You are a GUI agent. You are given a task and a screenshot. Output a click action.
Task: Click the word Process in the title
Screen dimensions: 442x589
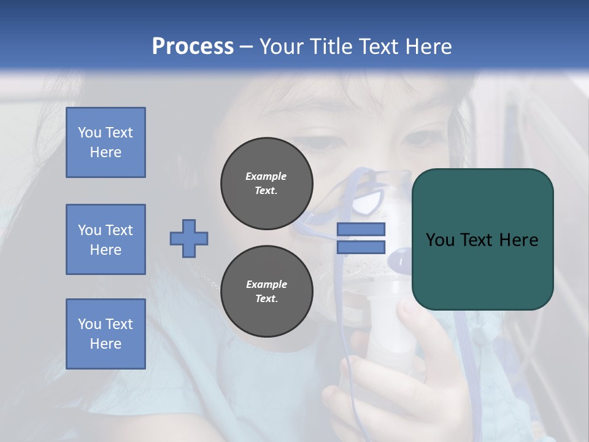click(193, 47)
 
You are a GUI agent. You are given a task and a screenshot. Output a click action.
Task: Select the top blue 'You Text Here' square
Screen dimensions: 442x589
click(106, 142)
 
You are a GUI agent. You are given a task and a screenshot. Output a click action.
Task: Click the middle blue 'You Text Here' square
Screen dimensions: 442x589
click(106, 239)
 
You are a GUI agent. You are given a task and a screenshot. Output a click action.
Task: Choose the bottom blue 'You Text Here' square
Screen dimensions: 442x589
click(106, 334)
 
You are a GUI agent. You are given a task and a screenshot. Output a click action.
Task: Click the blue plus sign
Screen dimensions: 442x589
click(189, 238)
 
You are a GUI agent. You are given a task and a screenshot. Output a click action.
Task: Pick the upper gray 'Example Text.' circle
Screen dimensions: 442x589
click(267, 184)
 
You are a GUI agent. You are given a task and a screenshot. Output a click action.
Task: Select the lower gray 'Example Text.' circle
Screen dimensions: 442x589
click(267, 292)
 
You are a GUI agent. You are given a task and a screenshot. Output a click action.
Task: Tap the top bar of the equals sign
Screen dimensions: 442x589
click(361, 229)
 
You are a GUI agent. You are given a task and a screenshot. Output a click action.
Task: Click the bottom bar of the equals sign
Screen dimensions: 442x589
click(361, 247)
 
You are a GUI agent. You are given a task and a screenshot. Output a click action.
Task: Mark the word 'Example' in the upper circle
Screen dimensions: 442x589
click(266, 176)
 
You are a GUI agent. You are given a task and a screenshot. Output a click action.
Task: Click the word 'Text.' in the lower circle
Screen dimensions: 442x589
click(266, 299)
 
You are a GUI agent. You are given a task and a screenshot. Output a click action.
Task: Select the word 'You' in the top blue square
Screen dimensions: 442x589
click(89, 133)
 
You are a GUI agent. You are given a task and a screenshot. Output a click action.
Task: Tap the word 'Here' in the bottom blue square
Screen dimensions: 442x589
click(106, 344)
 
